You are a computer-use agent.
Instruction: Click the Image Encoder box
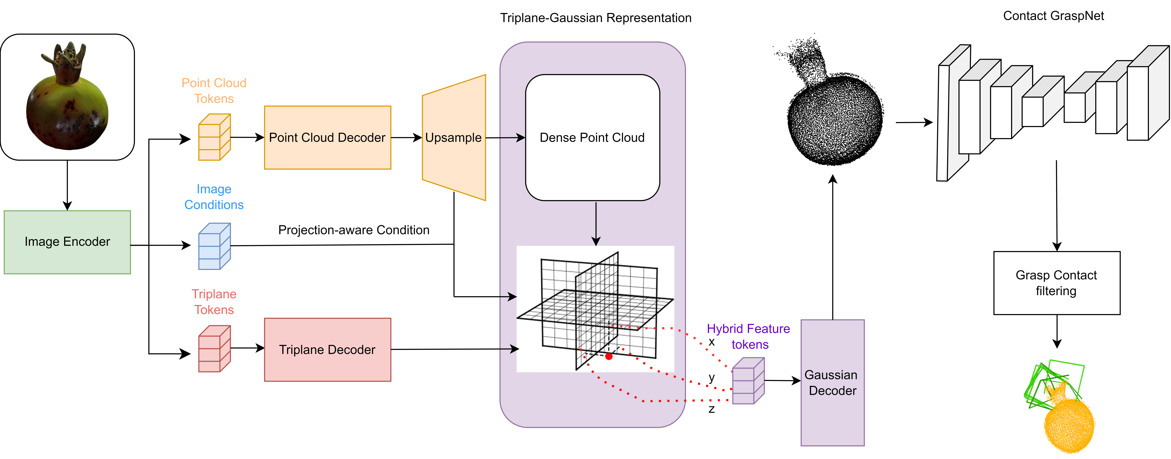67,242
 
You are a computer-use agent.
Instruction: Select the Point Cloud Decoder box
327,138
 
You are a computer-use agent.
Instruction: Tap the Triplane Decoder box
327,350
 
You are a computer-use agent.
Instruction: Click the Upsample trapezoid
454,138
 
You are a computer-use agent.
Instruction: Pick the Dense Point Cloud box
592,138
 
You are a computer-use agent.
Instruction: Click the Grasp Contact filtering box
1056,283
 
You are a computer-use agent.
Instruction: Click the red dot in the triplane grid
609,356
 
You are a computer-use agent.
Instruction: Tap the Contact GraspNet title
1053,16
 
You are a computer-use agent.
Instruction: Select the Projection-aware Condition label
354,230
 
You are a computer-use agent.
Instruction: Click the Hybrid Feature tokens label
749,336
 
